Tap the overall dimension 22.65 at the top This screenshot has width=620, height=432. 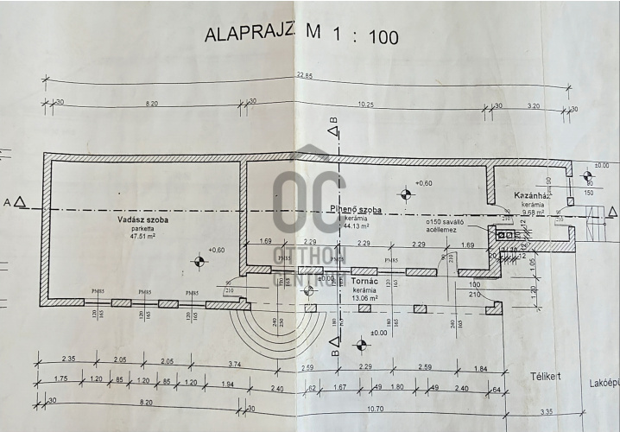pos(304,75)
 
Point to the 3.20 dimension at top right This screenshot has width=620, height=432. pos(533,105)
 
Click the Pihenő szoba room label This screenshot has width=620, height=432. pos(357,210)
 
